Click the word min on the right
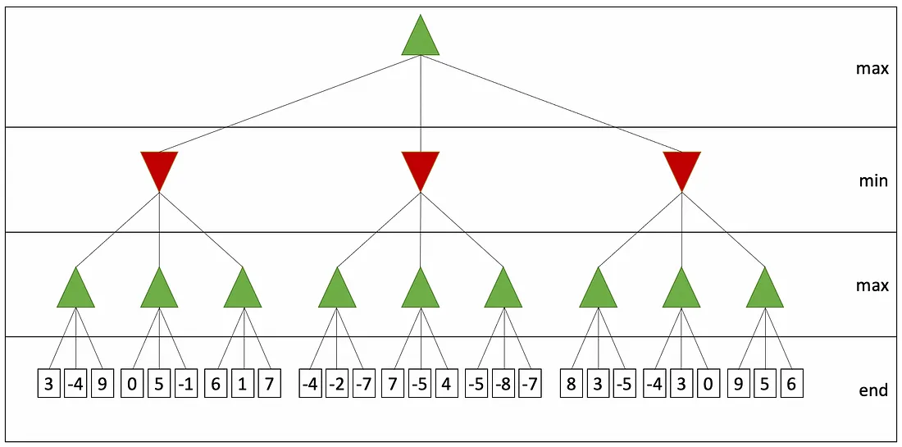pyautogui.click(x=872, y=182)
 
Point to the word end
pyautogui.click(x=873, y=390)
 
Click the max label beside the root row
pyautogui.click(x=872, y=69)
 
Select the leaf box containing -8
pyautogui.click(x=504, y=385)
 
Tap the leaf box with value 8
pyautogui.click(x=571, y=385)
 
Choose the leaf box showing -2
pyautogui.click(x=337, y=385)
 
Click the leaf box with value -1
pyautogui.click(x=185, y=385)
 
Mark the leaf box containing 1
pyautogui.click(x=242, y=385)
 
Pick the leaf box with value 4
pyautogui.click(x=446, y=385)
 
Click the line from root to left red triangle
pyautogui.click(x=290, y=103)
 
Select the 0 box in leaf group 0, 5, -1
pyautogui.click(x=132, y=385)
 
